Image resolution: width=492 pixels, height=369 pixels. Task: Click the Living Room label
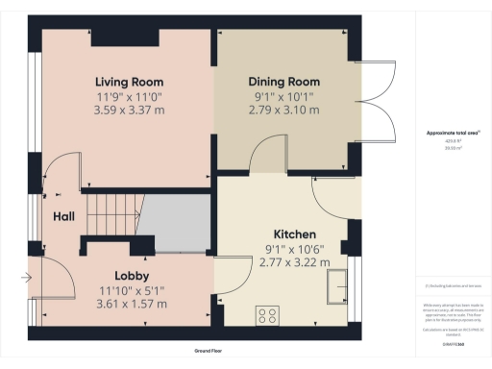[x=129, y=82]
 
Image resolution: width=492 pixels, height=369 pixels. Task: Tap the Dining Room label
[x=283, y=82]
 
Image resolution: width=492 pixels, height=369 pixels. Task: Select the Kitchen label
[x=295, y=234]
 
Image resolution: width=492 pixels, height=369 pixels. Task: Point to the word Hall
[x=65, y=216]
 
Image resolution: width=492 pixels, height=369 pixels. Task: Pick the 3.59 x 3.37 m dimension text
[x=129, y=111]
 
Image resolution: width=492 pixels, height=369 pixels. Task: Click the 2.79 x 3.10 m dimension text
[x=283, y=111]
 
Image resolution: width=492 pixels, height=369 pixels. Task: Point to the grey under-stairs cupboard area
[x=177, y=222]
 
